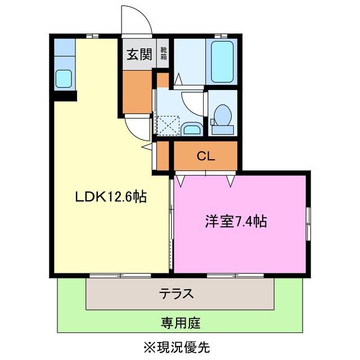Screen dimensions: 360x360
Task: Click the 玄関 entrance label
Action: tap(138, 55)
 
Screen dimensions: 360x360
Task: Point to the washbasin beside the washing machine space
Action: tap(192, 130)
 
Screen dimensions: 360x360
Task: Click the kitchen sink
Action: tap(64, 79)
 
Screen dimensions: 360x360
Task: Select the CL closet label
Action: tap(205, 157)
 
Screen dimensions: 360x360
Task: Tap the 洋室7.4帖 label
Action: tap(235, 222)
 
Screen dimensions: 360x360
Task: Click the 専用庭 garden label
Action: tap(181, 323)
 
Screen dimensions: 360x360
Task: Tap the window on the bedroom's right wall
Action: tap(308, 223)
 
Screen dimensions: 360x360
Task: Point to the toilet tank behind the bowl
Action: tap(222, 130)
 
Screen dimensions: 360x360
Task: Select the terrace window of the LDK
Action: tap(120, 275)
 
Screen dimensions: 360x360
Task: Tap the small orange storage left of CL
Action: tap(163, 156)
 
